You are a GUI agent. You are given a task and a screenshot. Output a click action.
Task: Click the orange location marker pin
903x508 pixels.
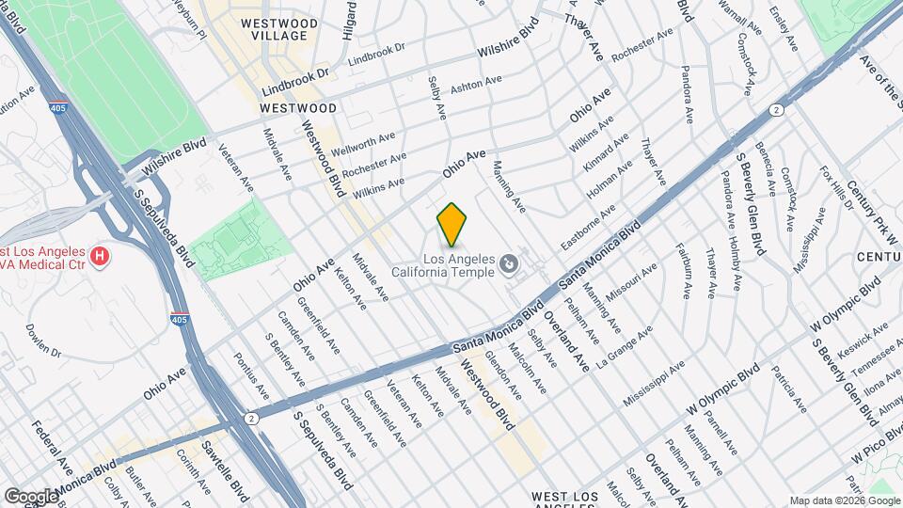(452, 224)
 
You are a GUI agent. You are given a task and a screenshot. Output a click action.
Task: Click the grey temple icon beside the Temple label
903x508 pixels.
(508, 262)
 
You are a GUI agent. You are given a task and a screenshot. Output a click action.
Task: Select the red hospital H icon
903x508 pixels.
(98, 255)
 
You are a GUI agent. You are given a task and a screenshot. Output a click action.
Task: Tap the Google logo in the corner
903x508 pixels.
(30, 496)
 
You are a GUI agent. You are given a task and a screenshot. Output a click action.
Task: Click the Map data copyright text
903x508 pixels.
(844, 500)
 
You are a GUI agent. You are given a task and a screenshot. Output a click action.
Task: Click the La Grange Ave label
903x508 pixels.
(627, 345)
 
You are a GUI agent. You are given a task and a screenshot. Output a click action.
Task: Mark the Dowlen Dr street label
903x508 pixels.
(43, 341)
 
